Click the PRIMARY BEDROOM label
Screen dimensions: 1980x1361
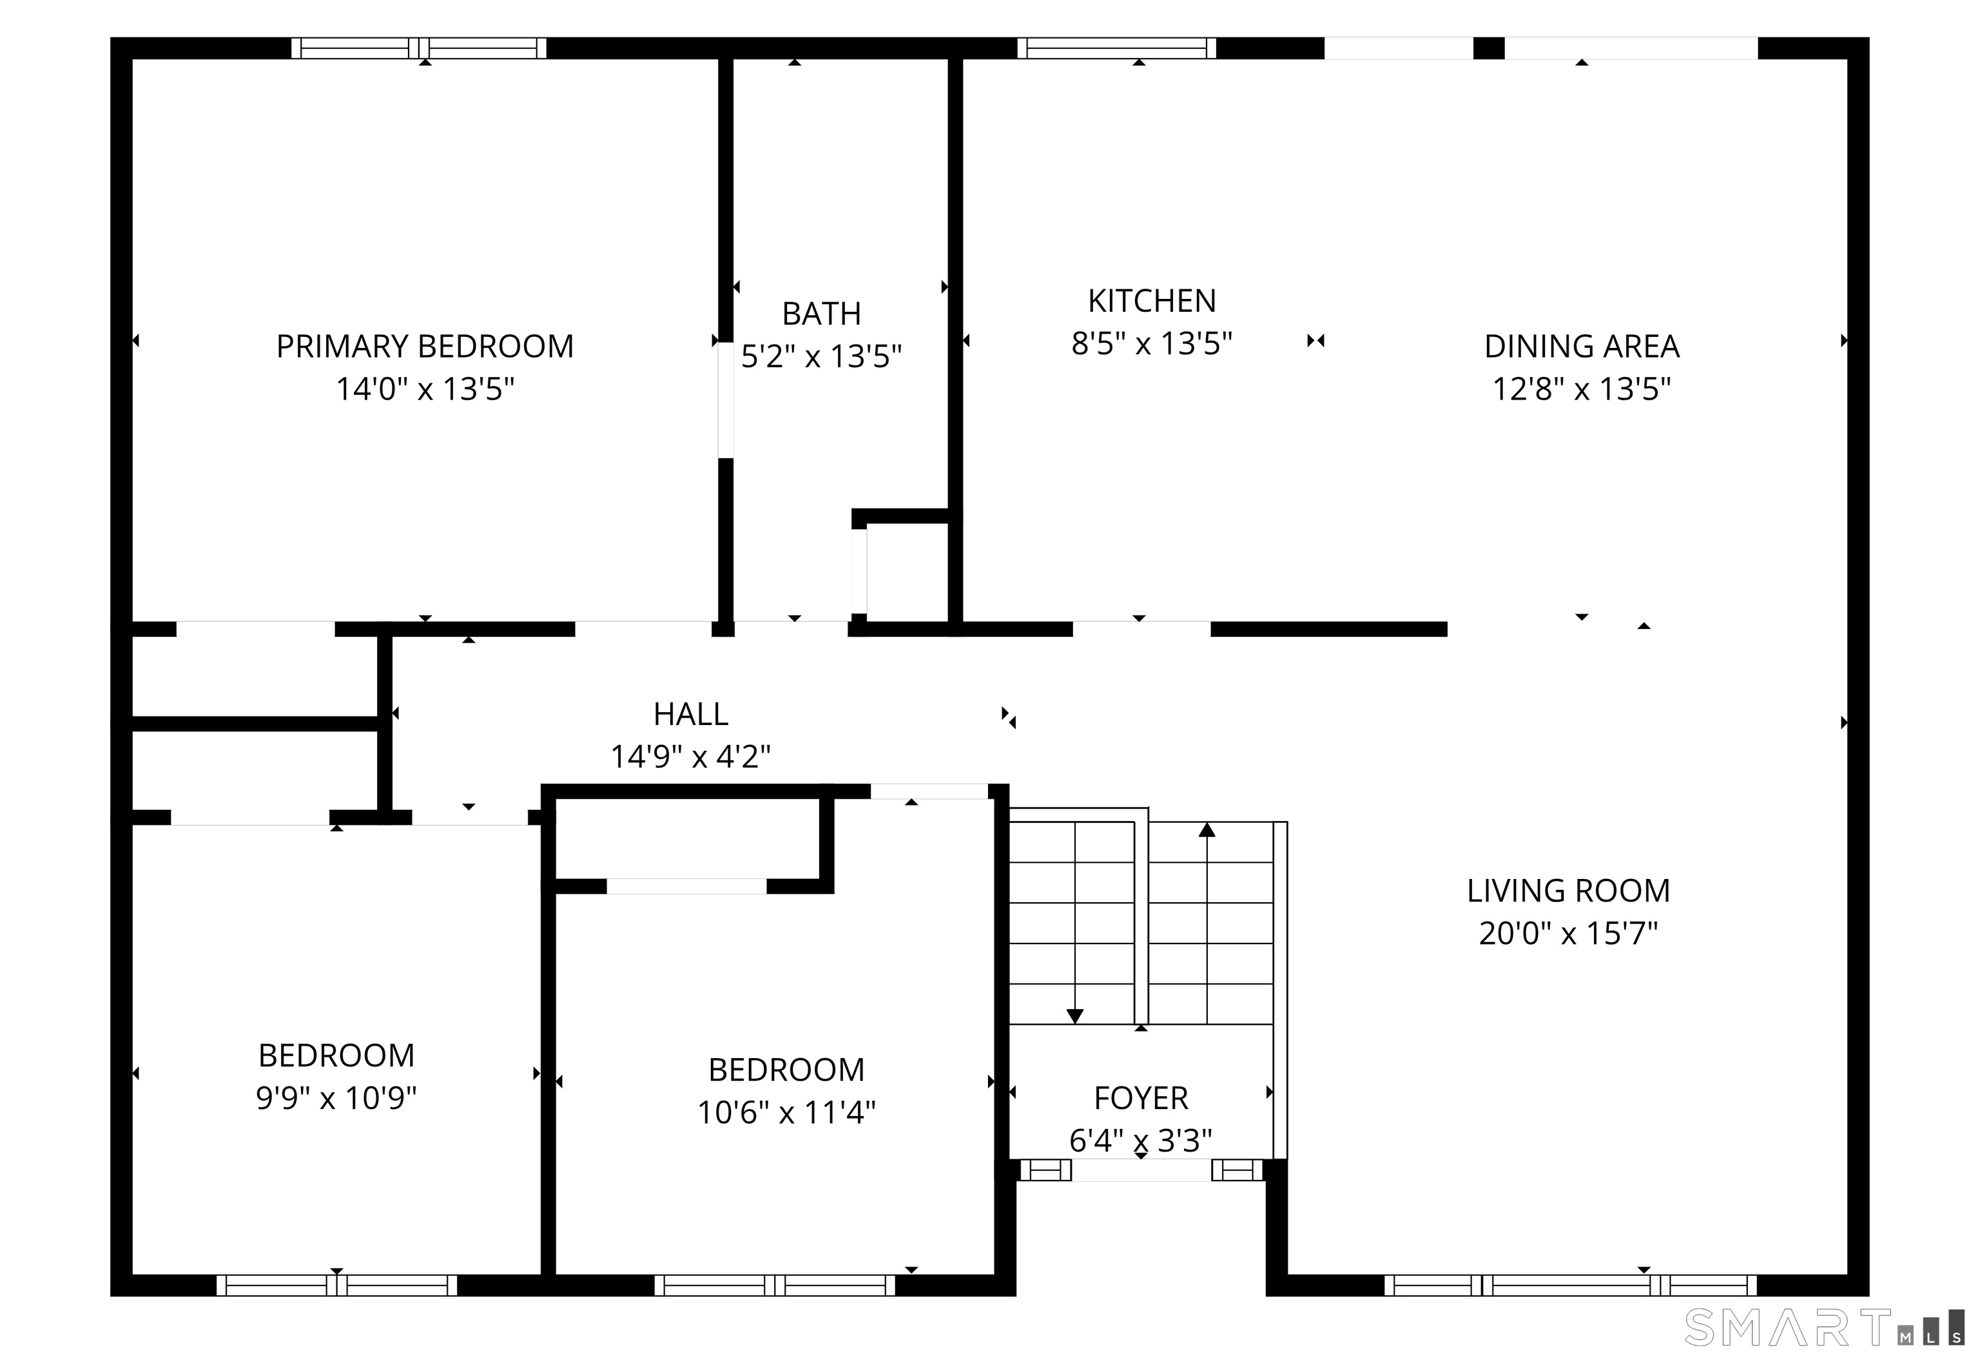click(x=425, y=346)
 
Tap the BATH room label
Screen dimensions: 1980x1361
click(x=821, y=314)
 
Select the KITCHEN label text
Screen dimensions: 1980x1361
click(x=1152, y=301)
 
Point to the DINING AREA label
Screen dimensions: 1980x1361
click(x=1582, y=346)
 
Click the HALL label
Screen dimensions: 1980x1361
click(x=691, y=714)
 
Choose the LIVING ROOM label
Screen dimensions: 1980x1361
click(x=1568, y=891)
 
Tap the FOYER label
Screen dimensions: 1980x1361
click(x=1141, y=1098)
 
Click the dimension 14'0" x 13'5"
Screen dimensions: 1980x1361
click(x=425, y=389)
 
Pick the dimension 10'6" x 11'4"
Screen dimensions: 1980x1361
click(x=786, y=1112)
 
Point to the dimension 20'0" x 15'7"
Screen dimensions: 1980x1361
click(x=1568, y=934)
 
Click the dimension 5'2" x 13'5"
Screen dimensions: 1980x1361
click(x=821, y=356)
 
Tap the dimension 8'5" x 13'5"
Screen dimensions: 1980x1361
click(x=1152, y=343)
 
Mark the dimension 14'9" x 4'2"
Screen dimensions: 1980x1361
click(x=691, y=757)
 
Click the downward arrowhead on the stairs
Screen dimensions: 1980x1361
click(x=1075, y=1016)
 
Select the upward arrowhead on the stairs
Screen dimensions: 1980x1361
click(x=1207, y=829)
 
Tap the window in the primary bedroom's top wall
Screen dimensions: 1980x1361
click(x=419, y=48)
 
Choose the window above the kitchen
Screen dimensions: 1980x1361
click(x=1117, y=48)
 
